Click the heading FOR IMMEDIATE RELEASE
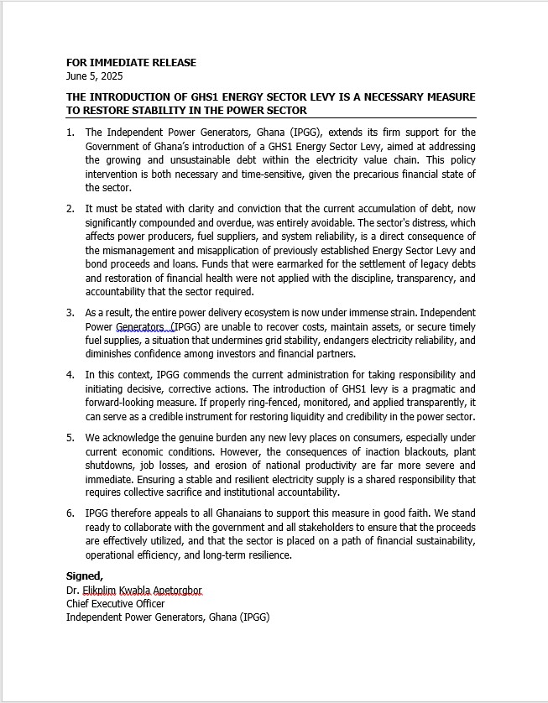pos(131,63)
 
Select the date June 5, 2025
pos(94,76)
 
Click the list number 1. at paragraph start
pos(70,133)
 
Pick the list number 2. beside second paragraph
pos(70,208)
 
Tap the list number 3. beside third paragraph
pos(70,312)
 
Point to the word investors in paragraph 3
pos(265,354)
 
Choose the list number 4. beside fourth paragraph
pos(70,374)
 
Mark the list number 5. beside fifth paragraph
pos(70,437)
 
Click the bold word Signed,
pos(85,575)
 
